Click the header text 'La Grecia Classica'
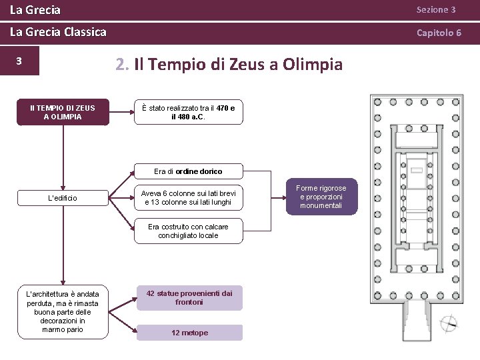[58, 32]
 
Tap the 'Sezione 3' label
[436, 10]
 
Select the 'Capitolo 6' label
[439, 32]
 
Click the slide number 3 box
[19, 61]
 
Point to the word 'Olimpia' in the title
[313, 65]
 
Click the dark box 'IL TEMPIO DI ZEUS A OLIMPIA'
[63, 112]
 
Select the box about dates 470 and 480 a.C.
[188, 112]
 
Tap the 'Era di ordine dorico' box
[188, 171]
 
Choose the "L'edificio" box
[63, 198]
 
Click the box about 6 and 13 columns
[188, 197]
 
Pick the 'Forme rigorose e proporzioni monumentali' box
[321, 197]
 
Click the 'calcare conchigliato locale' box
[188, 231]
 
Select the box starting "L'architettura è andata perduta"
[63, 311]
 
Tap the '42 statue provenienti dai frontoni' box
[189, 297]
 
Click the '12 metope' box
[189, 333]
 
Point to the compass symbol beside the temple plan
[449, 324]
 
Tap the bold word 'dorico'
[209, 171]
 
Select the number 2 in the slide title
[120, 65]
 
